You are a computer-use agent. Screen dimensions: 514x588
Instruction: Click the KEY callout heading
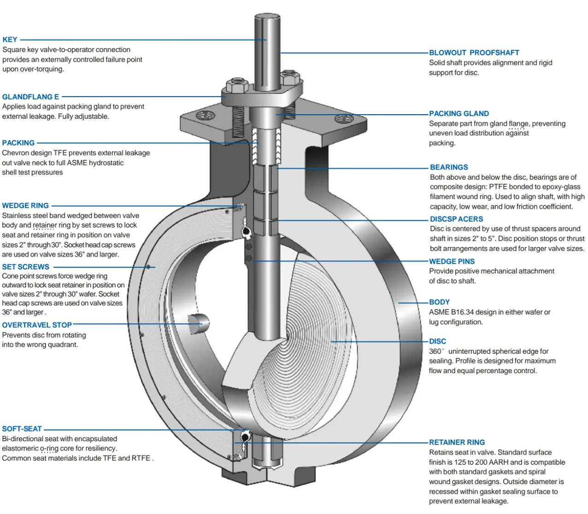coord(10,40)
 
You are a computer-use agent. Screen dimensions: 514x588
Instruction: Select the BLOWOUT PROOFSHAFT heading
coord(474,53)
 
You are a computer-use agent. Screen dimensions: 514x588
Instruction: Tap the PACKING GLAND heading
coord(459,114)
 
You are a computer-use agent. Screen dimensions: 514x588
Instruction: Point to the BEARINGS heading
coord(448,167)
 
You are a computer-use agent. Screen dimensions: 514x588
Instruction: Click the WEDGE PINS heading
coord(451,262)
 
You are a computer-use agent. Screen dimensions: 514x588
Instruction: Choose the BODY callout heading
coord(439,302)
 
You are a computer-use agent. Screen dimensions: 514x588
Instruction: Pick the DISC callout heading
coord(437,341)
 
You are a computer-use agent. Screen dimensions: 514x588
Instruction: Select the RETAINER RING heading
coord(457,442)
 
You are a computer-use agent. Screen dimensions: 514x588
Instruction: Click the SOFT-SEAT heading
coord(22,429)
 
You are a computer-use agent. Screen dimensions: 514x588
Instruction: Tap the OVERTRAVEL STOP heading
coord(37,325)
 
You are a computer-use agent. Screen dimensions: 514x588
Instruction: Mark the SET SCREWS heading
coord(25,267)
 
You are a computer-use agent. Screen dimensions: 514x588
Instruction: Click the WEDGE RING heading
coord(25,206)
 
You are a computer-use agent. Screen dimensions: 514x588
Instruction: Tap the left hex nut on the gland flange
coord(237,85)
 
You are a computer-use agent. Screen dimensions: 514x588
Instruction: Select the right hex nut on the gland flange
coord(290,77)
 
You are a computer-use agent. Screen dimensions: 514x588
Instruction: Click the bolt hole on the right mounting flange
coord(344,119)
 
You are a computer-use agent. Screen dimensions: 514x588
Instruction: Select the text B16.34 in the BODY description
coord(462,312)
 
